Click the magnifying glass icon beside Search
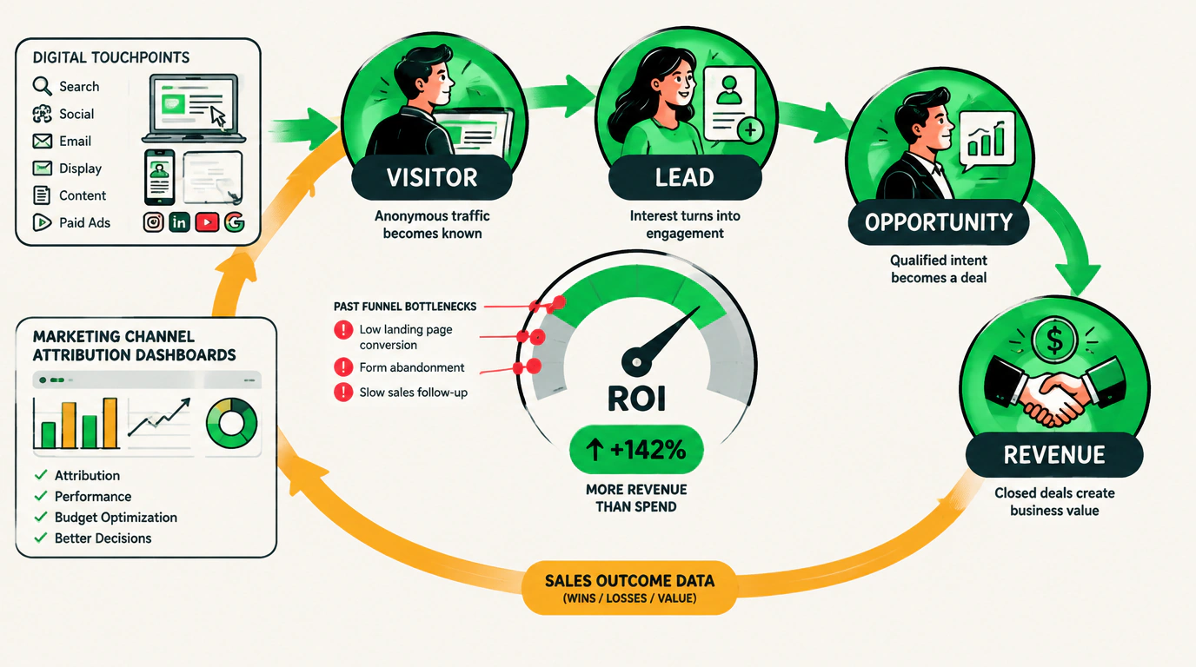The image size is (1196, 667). click(42, 86)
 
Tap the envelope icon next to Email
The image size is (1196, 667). click(43, 141)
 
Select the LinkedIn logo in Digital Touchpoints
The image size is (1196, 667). click(179, 222)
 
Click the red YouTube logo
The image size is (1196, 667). click(207, 222)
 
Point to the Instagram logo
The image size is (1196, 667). click(153, 222)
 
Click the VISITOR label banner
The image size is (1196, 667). click(432, 178)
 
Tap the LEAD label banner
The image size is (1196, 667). click(685, 178)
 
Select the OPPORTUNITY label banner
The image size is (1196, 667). click(939, 222)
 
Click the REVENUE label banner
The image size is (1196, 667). click(1054, 454)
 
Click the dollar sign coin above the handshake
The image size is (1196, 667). click(1054, 340)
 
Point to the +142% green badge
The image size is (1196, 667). click(636, 450)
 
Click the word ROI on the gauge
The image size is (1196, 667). click(636, 398)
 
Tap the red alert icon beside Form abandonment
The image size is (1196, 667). click(343, 367)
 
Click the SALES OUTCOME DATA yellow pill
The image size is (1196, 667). click(629, 588)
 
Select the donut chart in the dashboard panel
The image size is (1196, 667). click(232, 423)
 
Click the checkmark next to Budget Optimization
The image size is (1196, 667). click(41, 517)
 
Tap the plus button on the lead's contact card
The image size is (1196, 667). click(751, 129)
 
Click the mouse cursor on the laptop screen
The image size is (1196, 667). click(218, 116)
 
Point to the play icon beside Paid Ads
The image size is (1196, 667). click(42, 222)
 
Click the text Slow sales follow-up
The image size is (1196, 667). click(413, 393)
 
